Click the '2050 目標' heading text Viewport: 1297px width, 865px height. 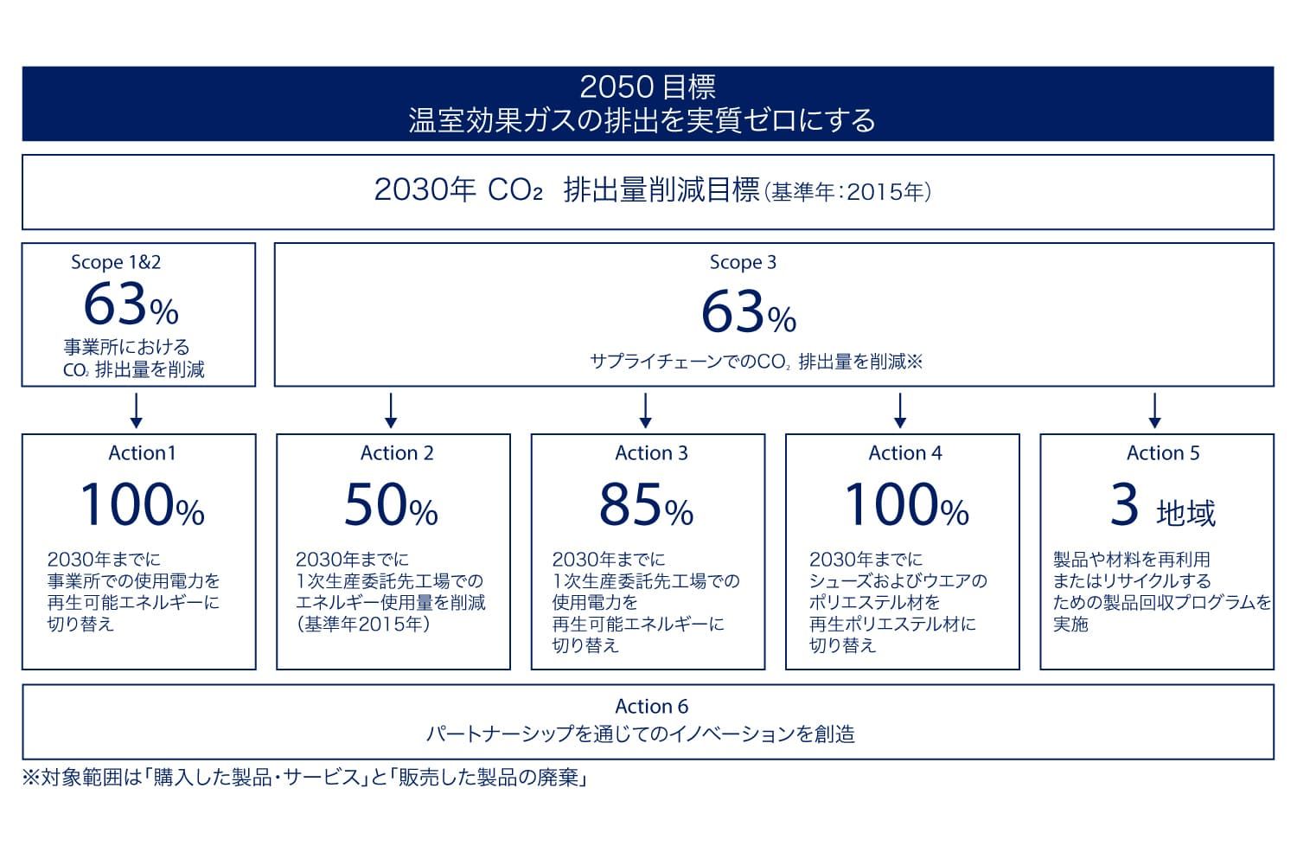pos(648,87)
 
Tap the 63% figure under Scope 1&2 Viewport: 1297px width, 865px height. pos(131,304)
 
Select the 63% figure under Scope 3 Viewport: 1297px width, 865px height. pos(749,312)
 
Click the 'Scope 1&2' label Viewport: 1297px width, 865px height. pos(116,262)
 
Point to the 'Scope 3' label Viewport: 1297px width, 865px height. pos(743,262)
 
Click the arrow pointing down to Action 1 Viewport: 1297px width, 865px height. pos(136,411)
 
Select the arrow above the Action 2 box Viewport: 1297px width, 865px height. pos(391,411)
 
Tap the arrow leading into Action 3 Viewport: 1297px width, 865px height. pos(646,411)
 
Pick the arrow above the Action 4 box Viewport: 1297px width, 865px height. pos(900,411)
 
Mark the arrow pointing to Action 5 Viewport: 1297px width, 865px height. pos(1154,411)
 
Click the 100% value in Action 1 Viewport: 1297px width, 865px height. pos(143,504)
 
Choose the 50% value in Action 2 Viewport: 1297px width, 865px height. pos(392,504)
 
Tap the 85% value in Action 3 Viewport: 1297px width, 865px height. pos(646,504)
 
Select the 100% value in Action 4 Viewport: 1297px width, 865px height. pos(907,504)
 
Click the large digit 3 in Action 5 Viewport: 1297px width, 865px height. pos(1124,504)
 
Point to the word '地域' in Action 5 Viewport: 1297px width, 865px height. pos(1185,513)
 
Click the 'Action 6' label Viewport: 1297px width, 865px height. pos(651,706)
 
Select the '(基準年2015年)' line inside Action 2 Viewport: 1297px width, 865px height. pos(363,624)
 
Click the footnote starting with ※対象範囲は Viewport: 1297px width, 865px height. pos(304,778)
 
